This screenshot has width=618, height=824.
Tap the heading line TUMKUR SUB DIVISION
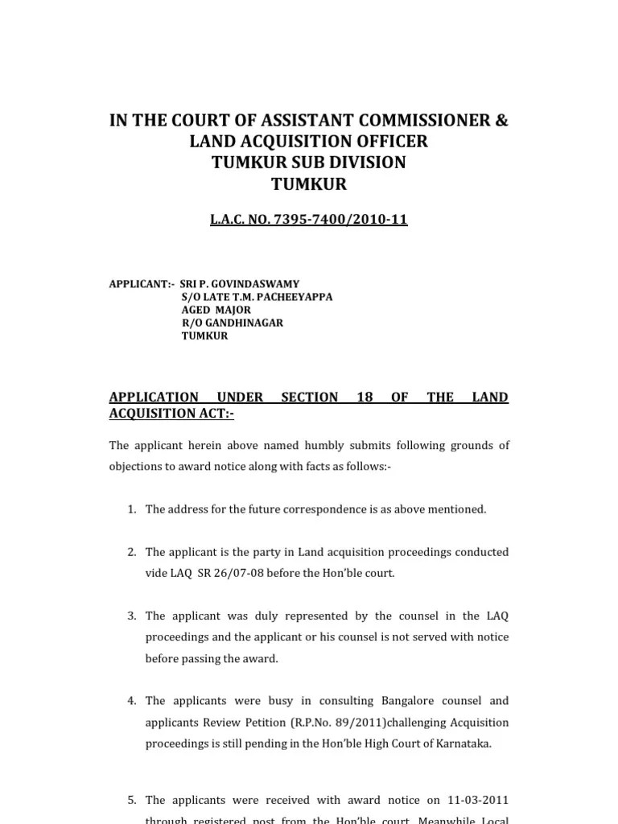pos(309,163)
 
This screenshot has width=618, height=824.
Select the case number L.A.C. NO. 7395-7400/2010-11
pos(309,219)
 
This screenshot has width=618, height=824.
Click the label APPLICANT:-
pos(141,284)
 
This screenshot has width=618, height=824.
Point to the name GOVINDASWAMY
pos(257,284)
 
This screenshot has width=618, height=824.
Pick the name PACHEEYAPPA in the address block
pos(295,297)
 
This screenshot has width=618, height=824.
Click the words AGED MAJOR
pos(216,310)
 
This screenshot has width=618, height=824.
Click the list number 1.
pos(131,509)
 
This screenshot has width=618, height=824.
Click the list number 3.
pos(131,616)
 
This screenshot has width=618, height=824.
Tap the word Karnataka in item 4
pos(463,744)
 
